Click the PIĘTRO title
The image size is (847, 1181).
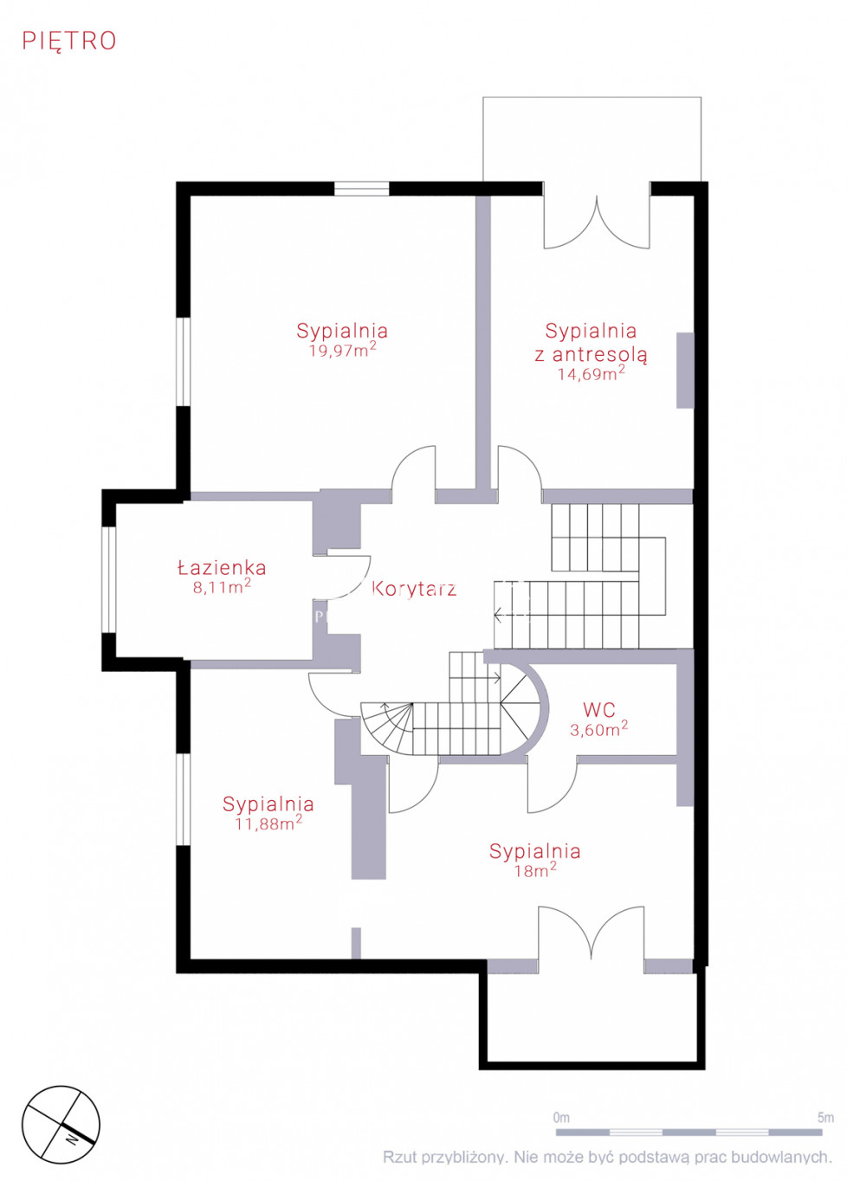tap(69, 41)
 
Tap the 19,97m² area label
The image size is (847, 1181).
tap(342, 350)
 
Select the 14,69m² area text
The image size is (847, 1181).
tap(592, 373)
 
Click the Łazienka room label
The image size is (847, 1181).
tap(222, 567)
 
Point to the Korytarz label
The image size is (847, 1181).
tap(414, 589)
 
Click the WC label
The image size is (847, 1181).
tap(599, 710)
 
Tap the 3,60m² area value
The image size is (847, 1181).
tap(598, 729)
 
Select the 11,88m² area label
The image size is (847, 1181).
tap(268, 823)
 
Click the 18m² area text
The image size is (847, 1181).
tap(535, 870)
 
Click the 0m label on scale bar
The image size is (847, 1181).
tap(561, 1117)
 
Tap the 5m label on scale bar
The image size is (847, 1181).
tap(825, 1117)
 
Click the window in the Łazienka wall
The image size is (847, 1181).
tap(108, 579)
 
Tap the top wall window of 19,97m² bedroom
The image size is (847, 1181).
tap(362, 188)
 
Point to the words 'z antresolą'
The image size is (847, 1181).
tap(591, 354)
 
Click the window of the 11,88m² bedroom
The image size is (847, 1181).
tap(183, 799)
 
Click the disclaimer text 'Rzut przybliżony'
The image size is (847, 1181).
tap(443, 1157)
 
